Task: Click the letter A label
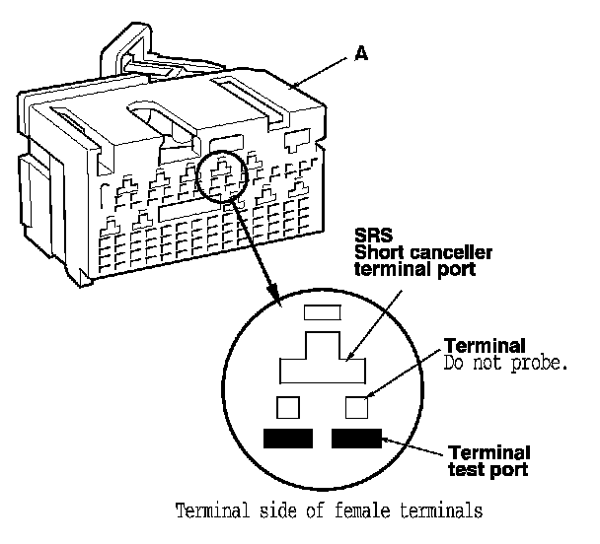(x=360, y=56)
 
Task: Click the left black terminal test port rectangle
(x=287, y=438)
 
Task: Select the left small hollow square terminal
(x=288, y=405)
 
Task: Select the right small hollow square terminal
(x=356, y=405)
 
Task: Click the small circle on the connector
(x=225, y=176)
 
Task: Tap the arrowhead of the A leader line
(x=294, y=88)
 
